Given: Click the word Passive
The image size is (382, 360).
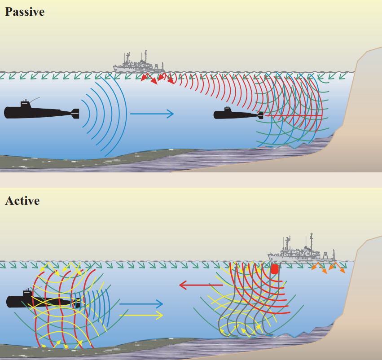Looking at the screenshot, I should coord(25,12).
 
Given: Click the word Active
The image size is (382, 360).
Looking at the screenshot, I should coord(22,200).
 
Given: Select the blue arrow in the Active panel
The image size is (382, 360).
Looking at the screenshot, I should coord(141,304).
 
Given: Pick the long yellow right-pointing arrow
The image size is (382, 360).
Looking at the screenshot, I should coord(141,316).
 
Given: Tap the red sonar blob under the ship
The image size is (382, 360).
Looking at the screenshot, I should coord(274,269).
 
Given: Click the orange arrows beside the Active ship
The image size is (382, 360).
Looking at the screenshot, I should coord(328,268).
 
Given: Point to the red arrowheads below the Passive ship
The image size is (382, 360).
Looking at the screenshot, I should coord(157,79).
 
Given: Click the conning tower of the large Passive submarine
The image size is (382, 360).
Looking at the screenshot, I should coord(24,104).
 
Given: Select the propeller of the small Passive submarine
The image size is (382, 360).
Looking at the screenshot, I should coord(260,116).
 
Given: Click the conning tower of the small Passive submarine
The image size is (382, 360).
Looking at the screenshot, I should coord(228,110).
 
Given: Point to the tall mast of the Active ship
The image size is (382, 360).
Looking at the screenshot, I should coord(311,242).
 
